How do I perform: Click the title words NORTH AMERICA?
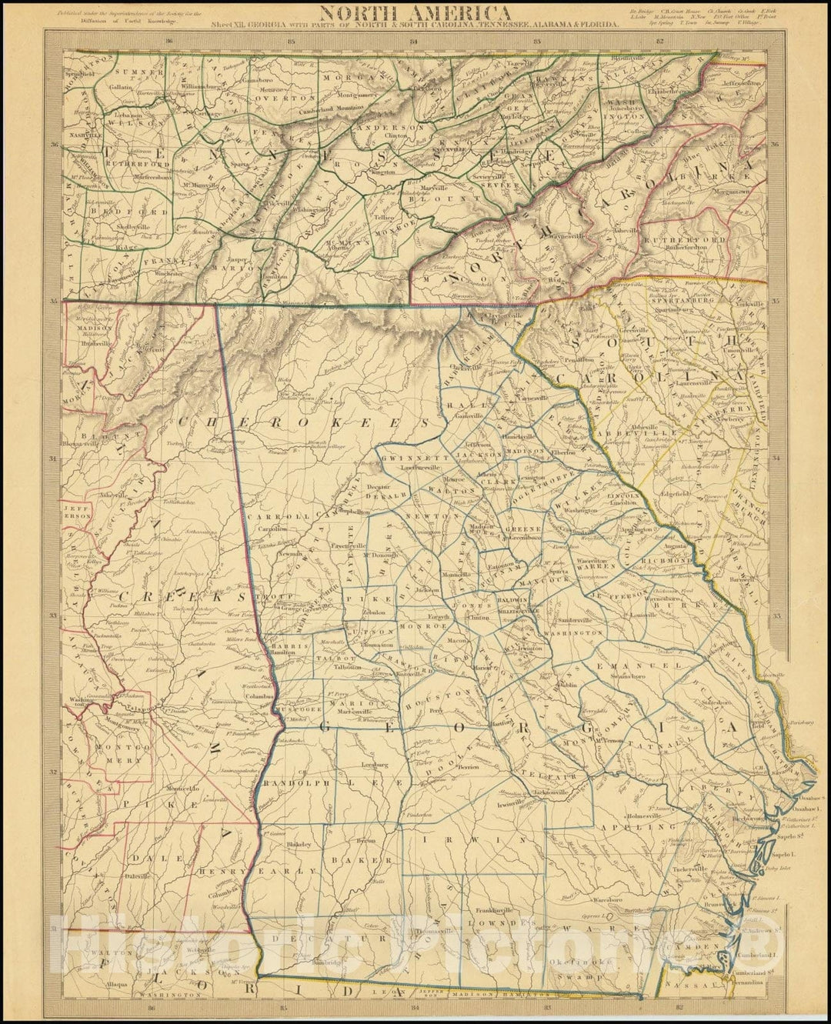413,12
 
